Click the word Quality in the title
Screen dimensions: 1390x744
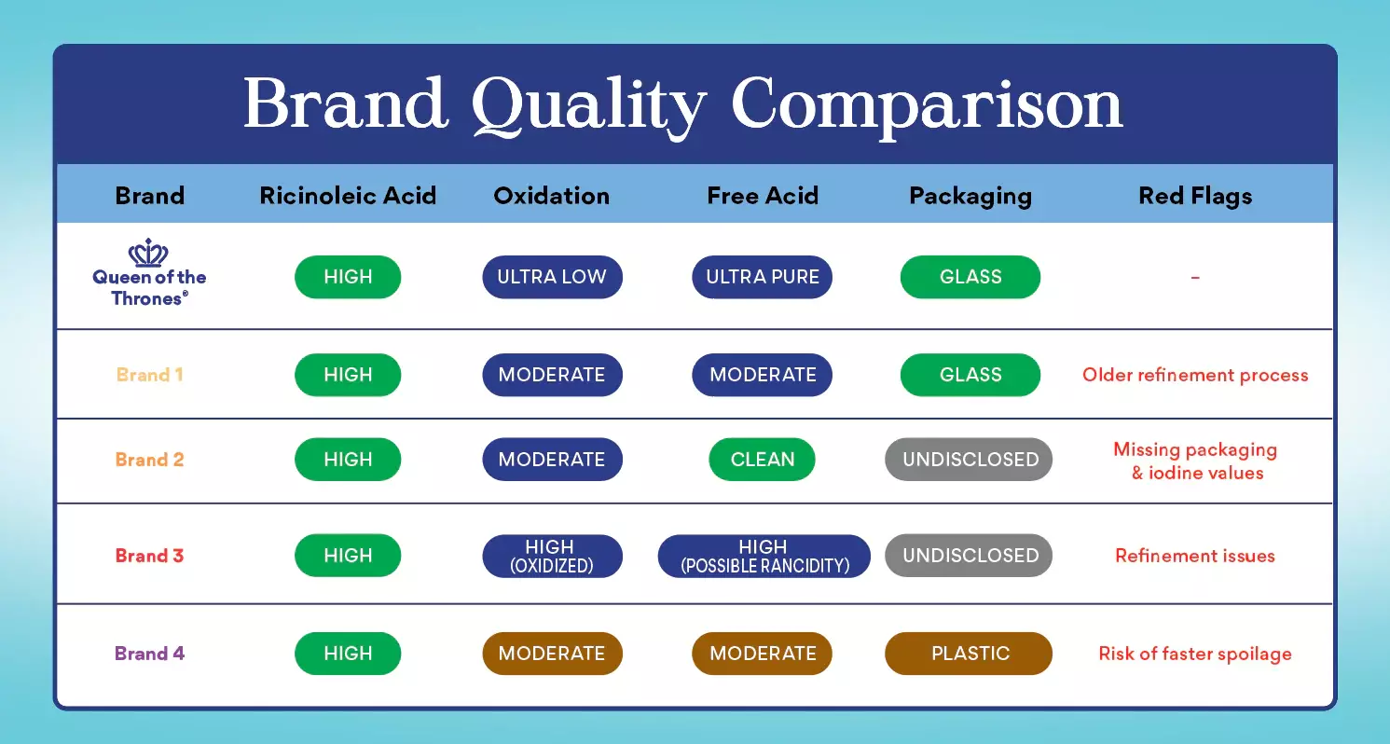pos(588,105)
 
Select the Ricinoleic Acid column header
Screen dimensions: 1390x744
pos(348,196)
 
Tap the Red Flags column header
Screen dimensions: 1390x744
pos(1195,196)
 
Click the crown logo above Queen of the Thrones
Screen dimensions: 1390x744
pos(148,253)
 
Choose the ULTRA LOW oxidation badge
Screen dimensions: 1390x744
pos(552,277)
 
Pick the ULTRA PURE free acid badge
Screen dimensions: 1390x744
pos(762,277)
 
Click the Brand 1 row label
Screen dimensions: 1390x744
pos(149,375)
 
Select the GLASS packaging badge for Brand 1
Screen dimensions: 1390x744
pos(970,375)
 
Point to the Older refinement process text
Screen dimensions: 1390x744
pos(1195,376)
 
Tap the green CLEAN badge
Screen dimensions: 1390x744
pos(762,460)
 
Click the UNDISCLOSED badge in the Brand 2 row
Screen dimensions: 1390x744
pos(969,460)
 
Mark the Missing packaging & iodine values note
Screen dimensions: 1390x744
pos(1196,462)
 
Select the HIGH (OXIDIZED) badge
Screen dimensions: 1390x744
pos(552,556)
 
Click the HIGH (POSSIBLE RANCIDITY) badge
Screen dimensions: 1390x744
pos(764,556)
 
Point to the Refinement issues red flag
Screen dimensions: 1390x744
pos(1195,556)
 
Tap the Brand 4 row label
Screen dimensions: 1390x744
pos(149,654)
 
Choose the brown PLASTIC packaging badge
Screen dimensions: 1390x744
pos(969,654)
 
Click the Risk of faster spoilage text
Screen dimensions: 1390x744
pos(1195,654)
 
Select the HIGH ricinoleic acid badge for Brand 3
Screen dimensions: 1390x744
pos(348,556)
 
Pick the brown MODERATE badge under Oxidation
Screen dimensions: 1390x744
pos(552,654)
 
